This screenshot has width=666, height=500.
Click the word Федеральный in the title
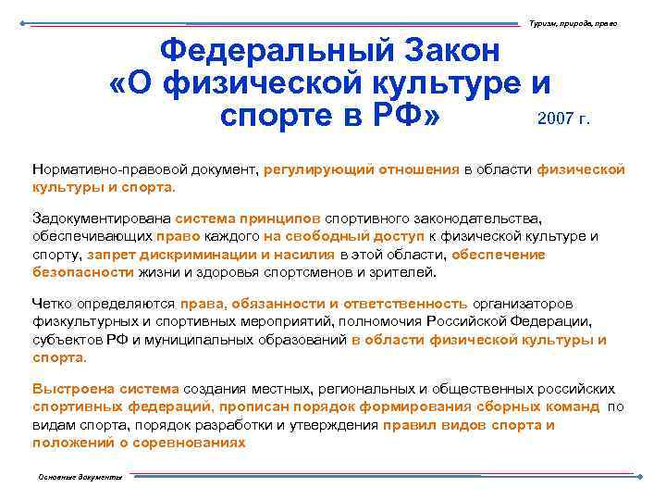point(272,50)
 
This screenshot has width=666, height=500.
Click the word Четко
point(52,304)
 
